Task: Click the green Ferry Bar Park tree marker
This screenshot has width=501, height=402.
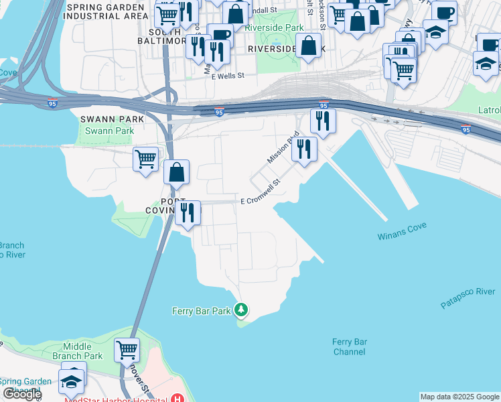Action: [x=242, y=310]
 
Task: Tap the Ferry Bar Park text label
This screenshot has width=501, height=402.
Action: [x=201, y=311]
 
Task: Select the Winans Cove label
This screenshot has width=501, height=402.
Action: [x=402, y=236]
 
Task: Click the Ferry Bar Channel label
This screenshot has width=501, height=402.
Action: [x=350, y=346]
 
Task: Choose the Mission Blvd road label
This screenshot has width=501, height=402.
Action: [x=283, y=147]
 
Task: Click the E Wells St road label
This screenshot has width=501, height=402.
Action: [x=228, y=77]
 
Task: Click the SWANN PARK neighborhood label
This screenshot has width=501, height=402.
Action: [x=102, y=119]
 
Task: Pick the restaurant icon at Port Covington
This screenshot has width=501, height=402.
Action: [x=188, y=212]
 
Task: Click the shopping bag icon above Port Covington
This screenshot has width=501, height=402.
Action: [x=176, y=172]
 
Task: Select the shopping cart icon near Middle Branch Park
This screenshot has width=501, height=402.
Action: [x=127, y=349]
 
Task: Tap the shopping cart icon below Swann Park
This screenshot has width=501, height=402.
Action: [x=145, y=159]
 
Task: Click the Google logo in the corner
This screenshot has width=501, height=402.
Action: [x=22, y=394]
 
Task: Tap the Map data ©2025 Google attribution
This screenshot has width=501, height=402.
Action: [x=459, y=397]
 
